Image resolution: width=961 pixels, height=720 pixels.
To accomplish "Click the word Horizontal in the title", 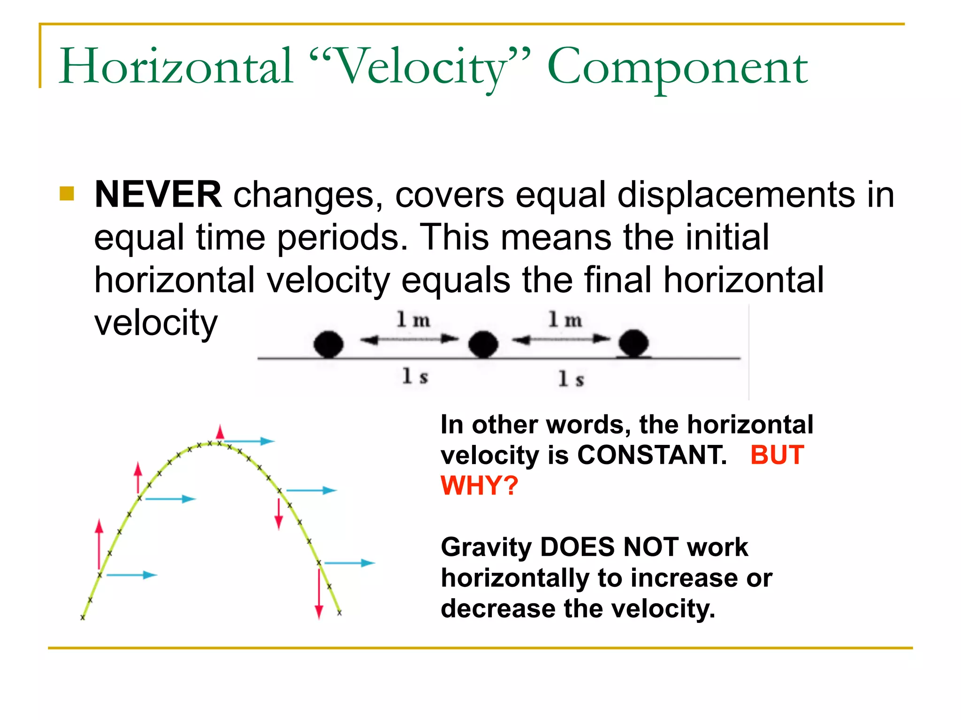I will pos(176,67).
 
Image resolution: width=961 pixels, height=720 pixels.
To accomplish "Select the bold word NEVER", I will pos(158,195).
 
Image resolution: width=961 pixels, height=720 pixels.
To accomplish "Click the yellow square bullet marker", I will pos(67,194).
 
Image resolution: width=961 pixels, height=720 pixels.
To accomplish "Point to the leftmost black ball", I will pos(328,344).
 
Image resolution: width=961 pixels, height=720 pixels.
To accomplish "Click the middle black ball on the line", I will pos(483,344).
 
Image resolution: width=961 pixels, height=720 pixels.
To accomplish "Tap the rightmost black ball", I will pos(633,343).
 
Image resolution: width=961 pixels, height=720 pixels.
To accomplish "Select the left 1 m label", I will pos(413,320).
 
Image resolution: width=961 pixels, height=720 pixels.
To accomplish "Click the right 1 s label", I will pos(571,379).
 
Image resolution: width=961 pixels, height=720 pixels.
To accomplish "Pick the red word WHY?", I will pos(479,486).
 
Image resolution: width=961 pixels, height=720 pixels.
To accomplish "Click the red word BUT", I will pos(777,455).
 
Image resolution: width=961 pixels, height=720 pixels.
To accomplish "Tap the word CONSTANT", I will pos(652,455).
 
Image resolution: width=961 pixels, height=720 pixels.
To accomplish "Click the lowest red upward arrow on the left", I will pos(99,544).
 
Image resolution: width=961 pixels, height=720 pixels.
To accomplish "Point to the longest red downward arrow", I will pos(319,593).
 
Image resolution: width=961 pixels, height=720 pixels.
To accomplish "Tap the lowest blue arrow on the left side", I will pos(131,575).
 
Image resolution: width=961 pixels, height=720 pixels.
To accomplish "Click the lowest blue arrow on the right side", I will pos(350,563).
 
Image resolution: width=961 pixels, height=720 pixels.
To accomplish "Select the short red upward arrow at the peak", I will pos(220,432).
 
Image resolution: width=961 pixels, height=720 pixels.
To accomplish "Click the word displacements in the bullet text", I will pos(736,195).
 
